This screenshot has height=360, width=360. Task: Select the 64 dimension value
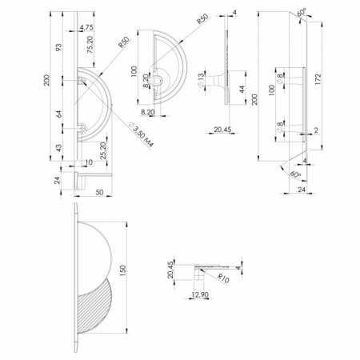coord(59,114)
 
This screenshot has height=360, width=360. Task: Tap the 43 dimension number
coord(59,148)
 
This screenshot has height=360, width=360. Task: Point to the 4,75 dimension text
coord(86,27)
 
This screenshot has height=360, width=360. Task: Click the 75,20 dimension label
coord(90,45)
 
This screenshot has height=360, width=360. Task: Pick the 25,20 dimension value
coord(103,150)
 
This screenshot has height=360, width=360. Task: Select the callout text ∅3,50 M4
coord(142,134)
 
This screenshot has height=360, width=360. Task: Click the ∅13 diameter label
coord(201,79)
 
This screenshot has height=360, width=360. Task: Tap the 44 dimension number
coord(242,90)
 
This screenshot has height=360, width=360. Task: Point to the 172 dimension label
coord(318,79)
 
